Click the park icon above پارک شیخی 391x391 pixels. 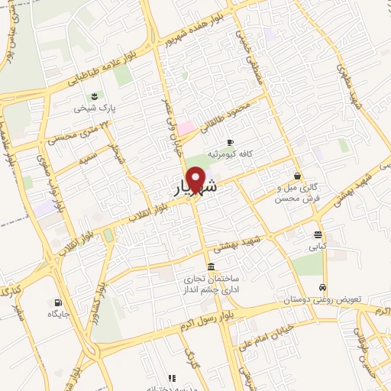coord(94,95)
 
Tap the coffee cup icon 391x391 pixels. coord(230,142)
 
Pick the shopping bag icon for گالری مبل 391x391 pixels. coord(296,176)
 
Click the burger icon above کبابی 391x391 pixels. coord(318,234)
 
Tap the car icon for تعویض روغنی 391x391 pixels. coord(323,287)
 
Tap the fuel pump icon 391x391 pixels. coord(59,301)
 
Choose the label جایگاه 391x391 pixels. coord(60,313)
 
